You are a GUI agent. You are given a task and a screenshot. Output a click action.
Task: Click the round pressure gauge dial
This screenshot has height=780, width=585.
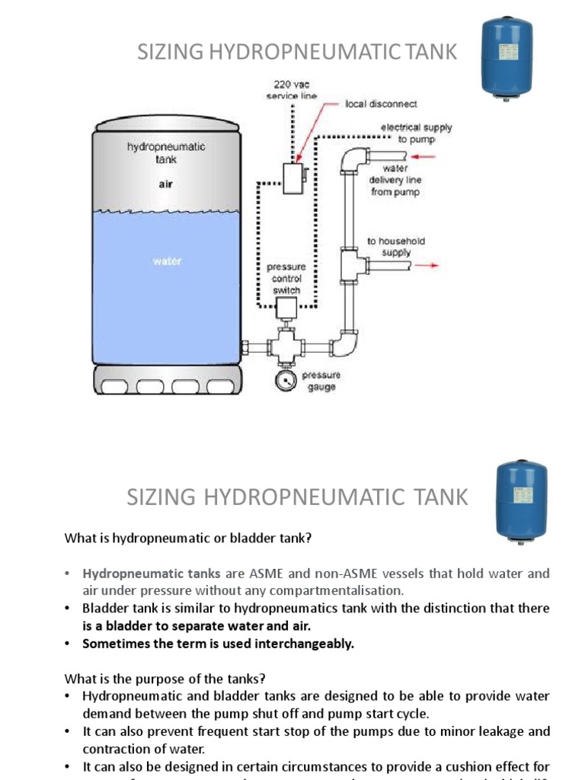click(x=286, y=380)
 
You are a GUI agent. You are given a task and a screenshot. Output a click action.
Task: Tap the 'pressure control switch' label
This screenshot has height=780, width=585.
click(x=286, y=279)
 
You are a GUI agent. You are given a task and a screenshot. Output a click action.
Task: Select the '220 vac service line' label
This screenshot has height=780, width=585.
click(x=291, y=90)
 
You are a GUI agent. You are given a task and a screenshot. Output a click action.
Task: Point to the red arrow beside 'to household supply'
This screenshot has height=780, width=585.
click(x=428, y=266)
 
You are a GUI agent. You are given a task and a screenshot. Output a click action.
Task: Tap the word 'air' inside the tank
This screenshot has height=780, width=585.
click(x=165, y=184)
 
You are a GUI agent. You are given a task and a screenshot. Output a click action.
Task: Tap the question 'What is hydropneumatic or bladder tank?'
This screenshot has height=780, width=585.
click(x=187, y=538)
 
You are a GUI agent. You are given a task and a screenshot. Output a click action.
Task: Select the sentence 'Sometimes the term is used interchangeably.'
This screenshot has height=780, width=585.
click(x=219, y=643)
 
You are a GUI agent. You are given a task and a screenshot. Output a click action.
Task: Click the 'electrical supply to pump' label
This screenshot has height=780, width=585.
click(x=416, y=133)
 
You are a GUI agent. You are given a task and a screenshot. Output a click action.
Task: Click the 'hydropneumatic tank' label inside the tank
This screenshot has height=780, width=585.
click(x=165, y=153)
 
